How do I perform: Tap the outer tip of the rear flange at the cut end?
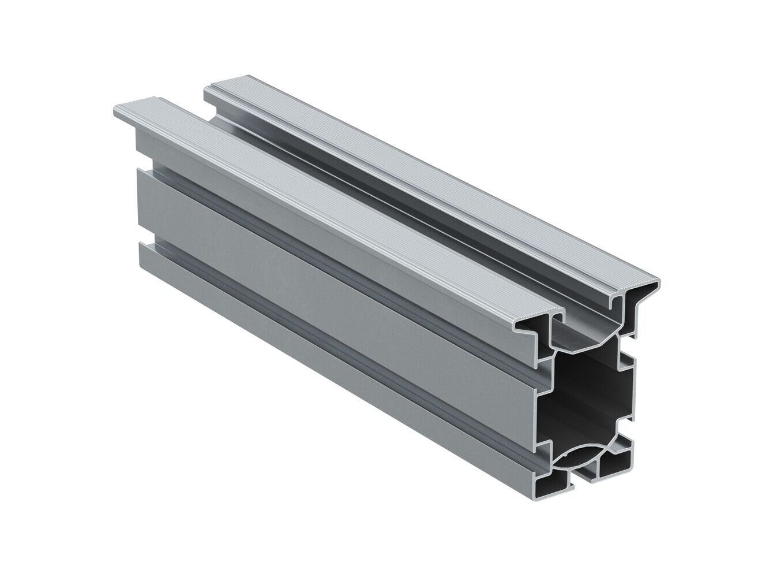point(652,285)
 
